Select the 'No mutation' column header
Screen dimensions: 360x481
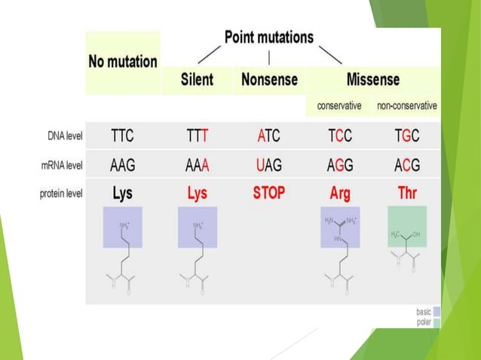coord(123,61)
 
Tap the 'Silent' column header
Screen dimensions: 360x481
coord(198,79)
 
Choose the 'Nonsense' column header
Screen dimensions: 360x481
coord(269,79)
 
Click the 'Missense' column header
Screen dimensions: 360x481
coord(372,79)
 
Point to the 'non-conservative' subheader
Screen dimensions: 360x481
coord(407,105)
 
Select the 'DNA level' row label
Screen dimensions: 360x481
coord(62,136)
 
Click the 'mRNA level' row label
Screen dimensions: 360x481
coord(60,165)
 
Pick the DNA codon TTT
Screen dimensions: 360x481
coord(198,136)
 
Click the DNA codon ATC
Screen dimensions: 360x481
coord(268,136)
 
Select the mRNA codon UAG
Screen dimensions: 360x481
coord(268,165)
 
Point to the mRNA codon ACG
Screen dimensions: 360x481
coord(407,165)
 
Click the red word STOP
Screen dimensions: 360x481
coord(268,193)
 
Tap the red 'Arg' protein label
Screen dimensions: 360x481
coord(340,194)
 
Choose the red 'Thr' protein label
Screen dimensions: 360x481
coord(407,194)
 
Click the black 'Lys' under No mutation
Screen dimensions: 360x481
coord(122,194)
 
